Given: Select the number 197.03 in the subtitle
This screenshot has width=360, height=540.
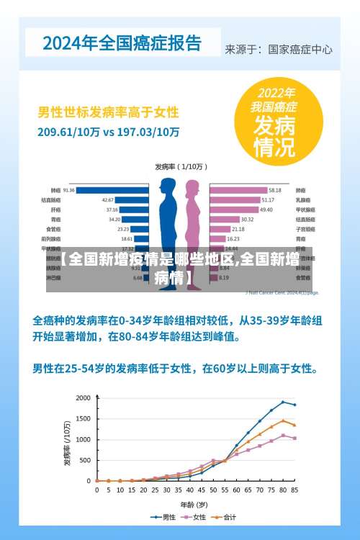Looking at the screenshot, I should tap(138, 132).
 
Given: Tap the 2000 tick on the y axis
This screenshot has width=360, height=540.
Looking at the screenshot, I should tap(84, 398).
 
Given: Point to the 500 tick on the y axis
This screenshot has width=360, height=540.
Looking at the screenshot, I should tap(86, 460).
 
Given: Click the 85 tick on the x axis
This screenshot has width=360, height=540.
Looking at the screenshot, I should tap(294, 490).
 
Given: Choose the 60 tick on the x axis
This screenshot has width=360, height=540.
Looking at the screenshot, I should tap(236, 490).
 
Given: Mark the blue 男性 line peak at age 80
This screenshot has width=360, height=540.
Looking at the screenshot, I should tap(283, 402).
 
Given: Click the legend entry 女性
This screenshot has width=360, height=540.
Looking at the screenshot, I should tap(196, 517).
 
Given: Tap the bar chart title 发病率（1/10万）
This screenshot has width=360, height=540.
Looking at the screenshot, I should tap(180, 166).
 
